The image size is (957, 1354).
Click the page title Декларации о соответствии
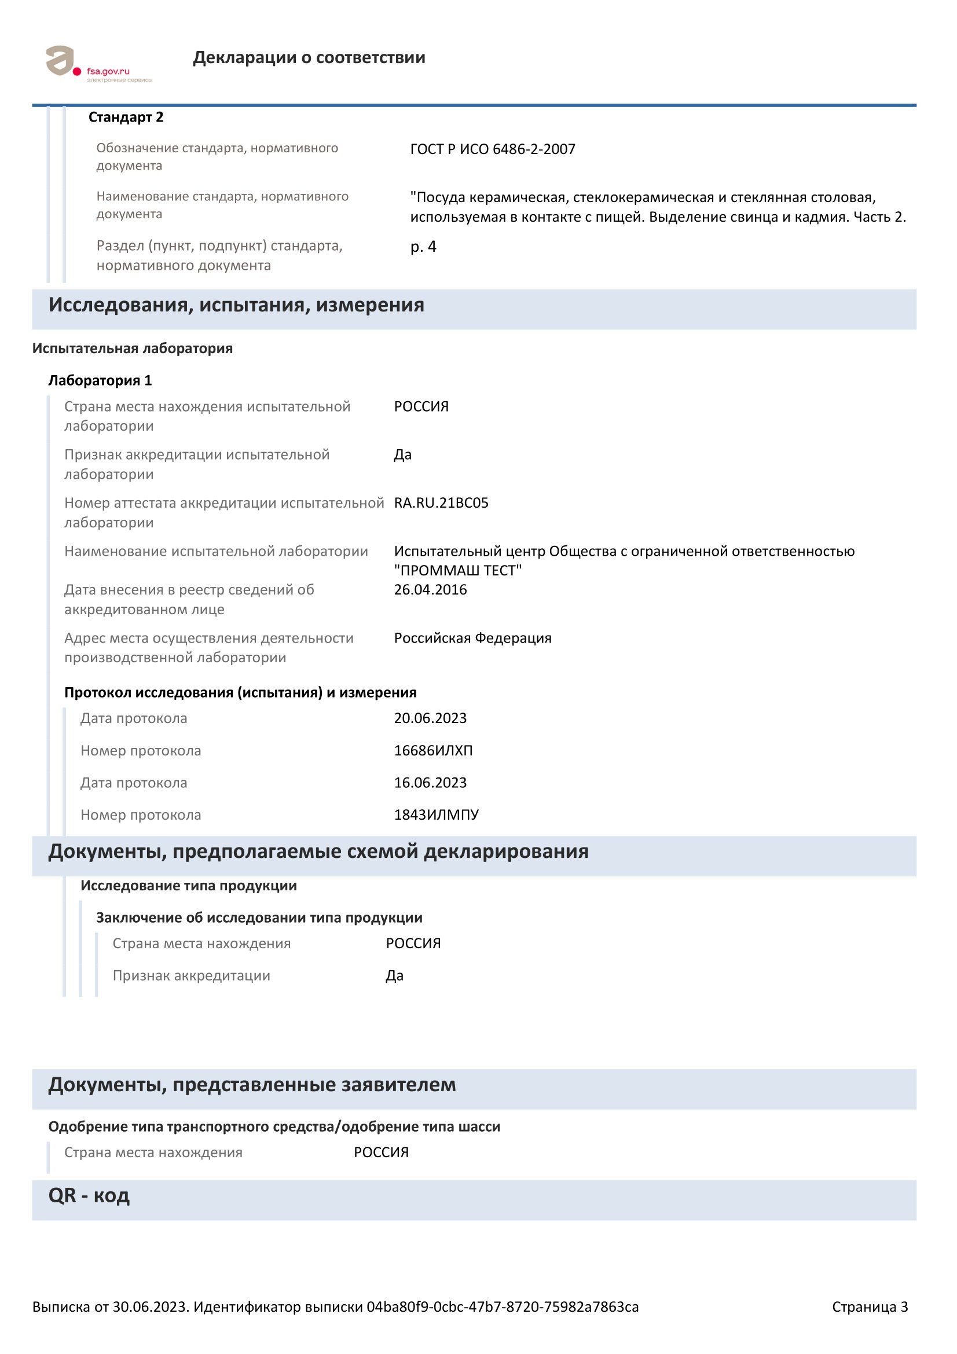tap(309, 58)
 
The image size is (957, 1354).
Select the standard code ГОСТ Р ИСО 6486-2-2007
tap(492, 149)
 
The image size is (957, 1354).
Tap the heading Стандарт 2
tap(126, 118)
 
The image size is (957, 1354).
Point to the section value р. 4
tap(423, 247)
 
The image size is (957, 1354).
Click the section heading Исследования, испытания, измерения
tap(236, 305)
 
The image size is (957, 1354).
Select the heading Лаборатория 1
tap(100, 380)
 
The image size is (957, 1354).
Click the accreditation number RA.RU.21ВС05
tap(441, 503)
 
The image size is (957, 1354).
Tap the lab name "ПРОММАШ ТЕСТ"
tap(458, 570)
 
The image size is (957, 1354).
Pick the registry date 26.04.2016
tap(430, 590)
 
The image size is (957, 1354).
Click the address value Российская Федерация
tap(472, 638)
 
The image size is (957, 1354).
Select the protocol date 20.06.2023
tap(430, 718)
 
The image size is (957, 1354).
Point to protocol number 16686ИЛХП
tap(433, 751)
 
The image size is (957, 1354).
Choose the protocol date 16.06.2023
tap(430, 783)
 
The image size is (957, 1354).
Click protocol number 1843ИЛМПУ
tap(436, 815)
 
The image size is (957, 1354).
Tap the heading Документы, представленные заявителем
tap(252, 1084)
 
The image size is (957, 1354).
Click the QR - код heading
tap(89, 1195)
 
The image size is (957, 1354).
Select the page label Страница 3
tap(869, 1307)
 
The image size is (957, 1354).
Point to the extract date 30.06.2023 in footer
tap(150, 1307)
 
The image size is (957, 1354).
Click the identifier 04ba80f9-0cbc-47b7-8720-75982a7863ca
tap(503, 1307)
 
